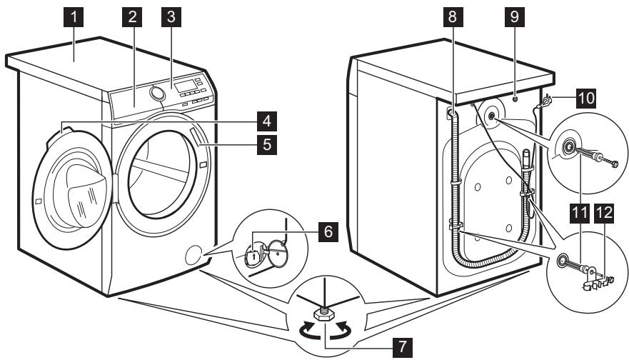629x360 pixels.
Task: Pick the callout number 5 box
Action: pyautogui.click(x=266, y=146)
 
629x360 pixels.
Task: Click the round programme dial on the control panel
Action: pyautogui.click(x=157, y=94)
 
